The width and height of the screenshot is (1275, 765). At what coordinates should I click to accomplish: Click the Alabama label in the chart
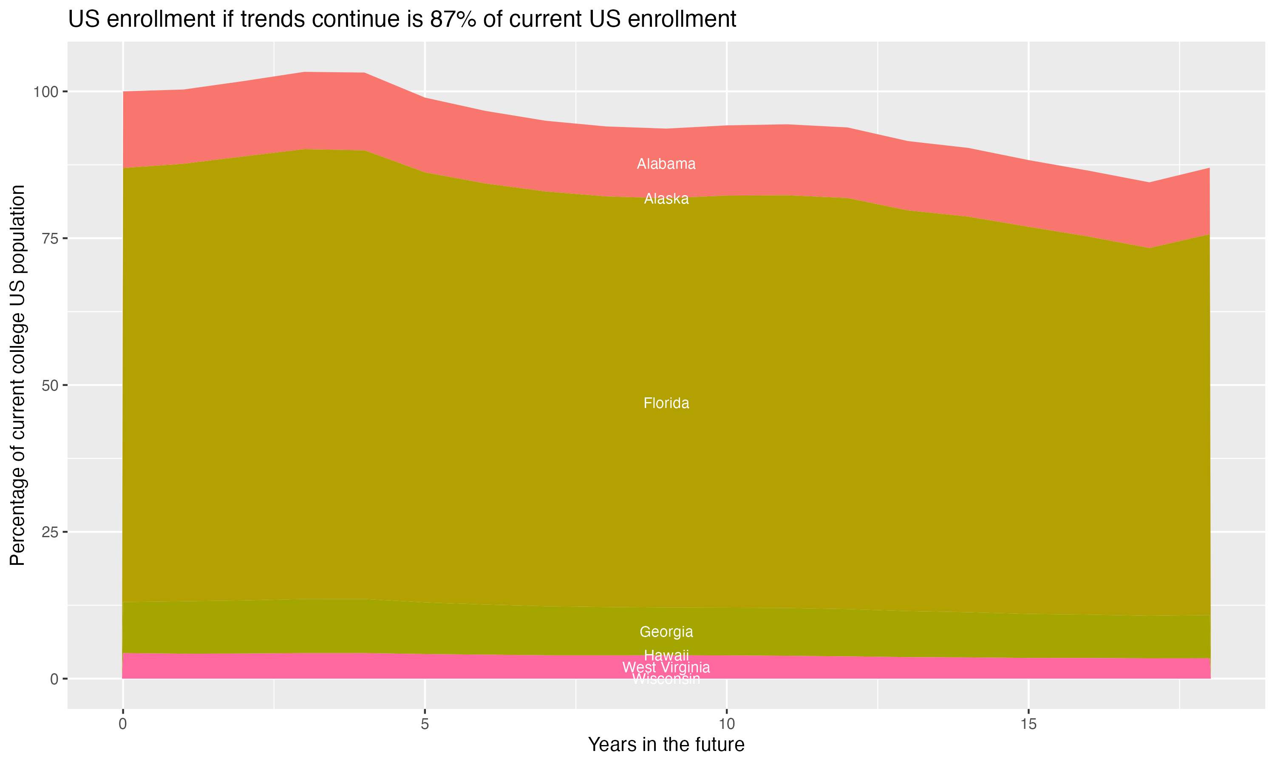pyautogui.click(x=666, y=164)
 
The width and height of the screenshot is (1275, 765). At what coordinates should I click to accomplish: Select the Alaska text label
pyautogui.click(x=666, y=199)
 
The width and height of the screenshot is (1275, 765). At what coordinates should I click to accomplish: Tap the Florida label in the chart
pyautogui.click(x=666, y=403)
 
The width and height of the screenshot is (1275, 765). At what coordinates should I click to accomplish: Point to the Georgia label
pyautogui.click(x=666, y=632)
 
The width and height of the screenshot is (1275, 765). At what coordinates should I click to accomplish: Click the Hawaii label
pyautogui.click(x=666, y=655)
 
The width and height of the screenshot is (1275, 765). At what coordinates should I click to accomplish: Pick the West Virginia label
pyautogui.click(x=666, y=668)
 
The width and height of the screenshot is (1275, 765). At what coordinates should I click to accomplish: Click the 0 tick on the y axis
pyautogui.click(x=54, y=679)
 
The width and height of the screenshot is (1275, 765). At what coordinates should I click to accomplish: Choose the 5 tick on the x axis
pyautogui.click(x=424, y=724)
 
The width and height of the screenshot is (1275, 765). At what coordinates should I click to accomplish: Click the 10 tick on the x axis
pyautogui.click(x=726, y=724)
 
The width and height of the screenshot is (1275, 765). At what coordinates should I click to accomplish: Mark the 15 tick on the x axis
pyautogui.click(x=1028, y=724)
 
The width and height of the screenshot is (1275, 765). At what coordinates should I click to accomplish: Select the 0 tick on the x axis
pyautogui.click(x=123, y=724)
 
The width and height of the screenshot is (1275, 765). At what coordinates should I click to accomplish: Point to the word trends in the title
pyautogui.click(x=271, y=20)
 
